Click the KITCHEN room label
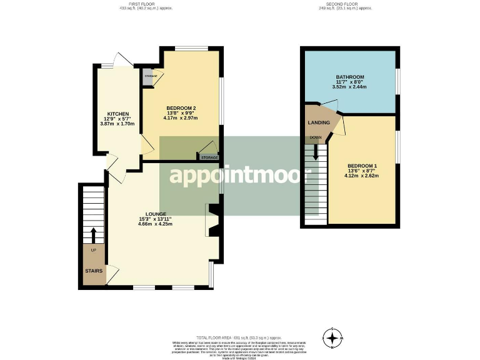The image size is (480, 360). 117,114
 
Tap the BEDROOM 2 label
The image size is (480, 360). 181,107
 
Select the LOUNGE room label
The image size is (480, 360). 156,214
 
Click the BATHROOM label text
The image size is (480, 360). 349,77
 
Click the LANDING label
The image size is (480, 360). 319,123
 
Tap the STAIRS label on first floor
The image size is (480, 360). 94,271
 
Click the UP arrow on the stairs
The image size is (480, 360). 94,236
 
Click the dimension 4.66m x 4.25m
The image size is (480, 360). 156,224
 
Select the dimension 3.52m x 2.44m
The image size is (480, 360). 349,88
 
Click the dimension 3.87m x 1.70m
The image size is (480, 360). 117,124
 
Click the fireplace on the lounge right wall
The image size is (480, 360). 212,220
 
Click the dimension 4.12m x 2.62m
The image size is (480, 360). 363,176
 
